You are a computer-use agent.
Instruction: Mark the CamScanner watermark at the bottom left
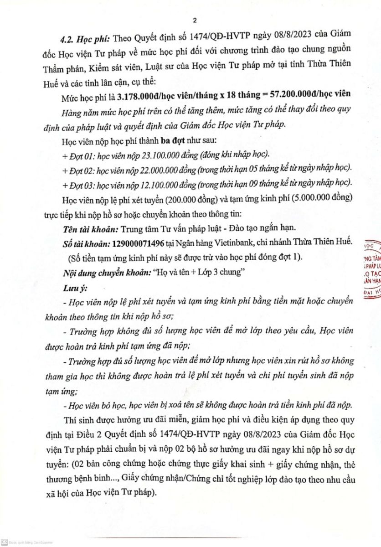point(27,542)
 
